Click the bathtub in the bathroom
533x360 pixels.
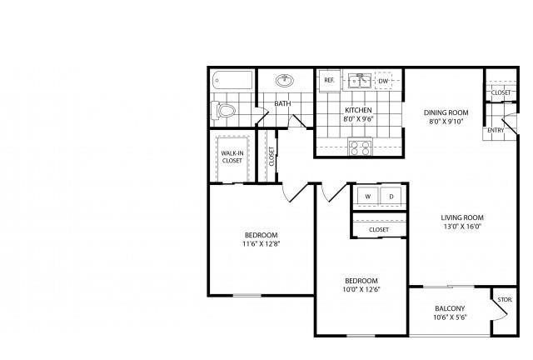(x=233, y=80)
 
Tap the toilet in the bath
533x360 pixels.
(x=223, y=110)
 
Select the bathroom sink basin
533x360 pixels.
(x=285, y=81)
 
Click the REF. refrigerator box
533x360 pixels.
(x=330, y=80)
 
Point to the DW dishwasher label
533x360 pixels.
(x=383, y=81)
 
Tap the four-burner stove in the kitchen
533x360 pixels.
(x=360, y=147)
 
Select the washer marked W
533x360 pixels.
(x=368, y=197)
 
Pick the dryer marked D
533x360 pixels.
(x=391, y=197)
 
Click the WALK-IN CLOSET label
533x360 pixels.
(x=232, y=157)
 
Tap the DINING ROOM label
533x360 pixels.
(x=446, y=112)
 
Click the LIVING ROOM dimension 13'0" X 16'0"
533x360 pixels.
(x=462, y=227)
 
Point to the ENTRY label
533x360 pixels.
(x=496, y=130)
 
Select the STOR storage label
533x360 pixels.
(x=505, y=300)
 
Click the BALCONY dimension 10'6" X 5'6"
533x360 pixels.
(x=450, y=317)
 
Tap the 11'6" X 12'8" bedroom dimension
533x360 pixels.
(x=262, y=243)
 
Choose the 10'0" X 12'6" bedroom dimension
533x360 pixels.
(x=361, y=289)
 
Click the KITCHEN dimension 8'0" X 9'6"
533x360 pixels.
(x=358, y=119)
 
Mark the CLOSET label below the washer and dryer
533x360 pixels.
(x=379, y=230)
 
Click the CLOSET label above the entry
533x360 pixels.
(x=501, y=92)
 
